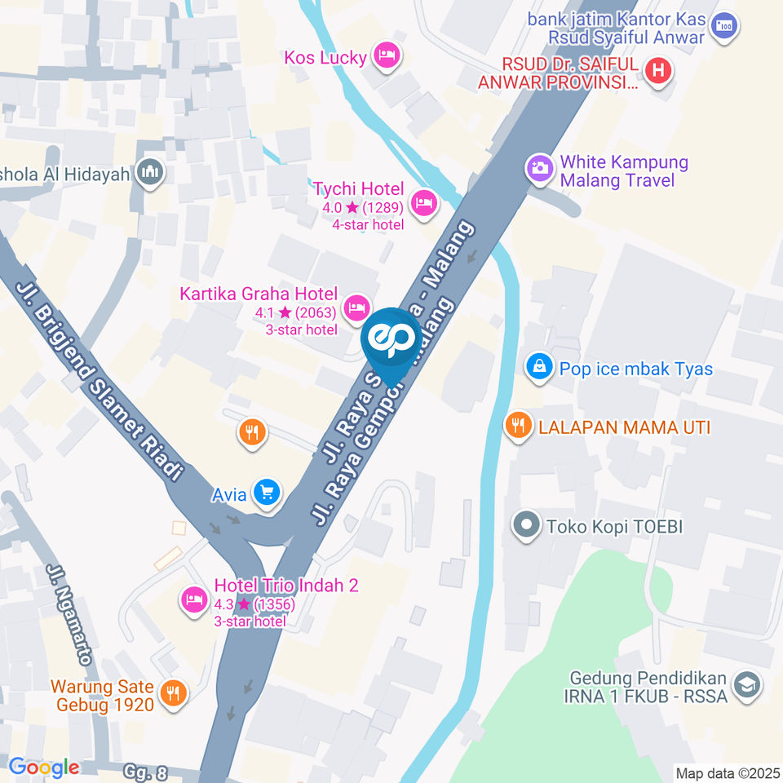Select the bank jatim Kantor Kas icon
(x=723, y=26)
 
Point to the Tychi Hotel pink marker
(x=423, y=202)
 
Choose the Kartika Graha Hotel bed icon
(x=356, y=307)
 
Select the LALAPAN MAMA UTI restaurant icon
(x=516, y=425)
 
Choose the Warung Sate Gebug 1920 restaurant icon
(x=173, y=693)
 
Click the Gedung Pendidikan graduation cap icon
(x=745, y=686)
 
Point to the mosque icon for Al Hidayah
(x=150, y=172)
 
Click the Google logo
(x=44, y=767)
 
